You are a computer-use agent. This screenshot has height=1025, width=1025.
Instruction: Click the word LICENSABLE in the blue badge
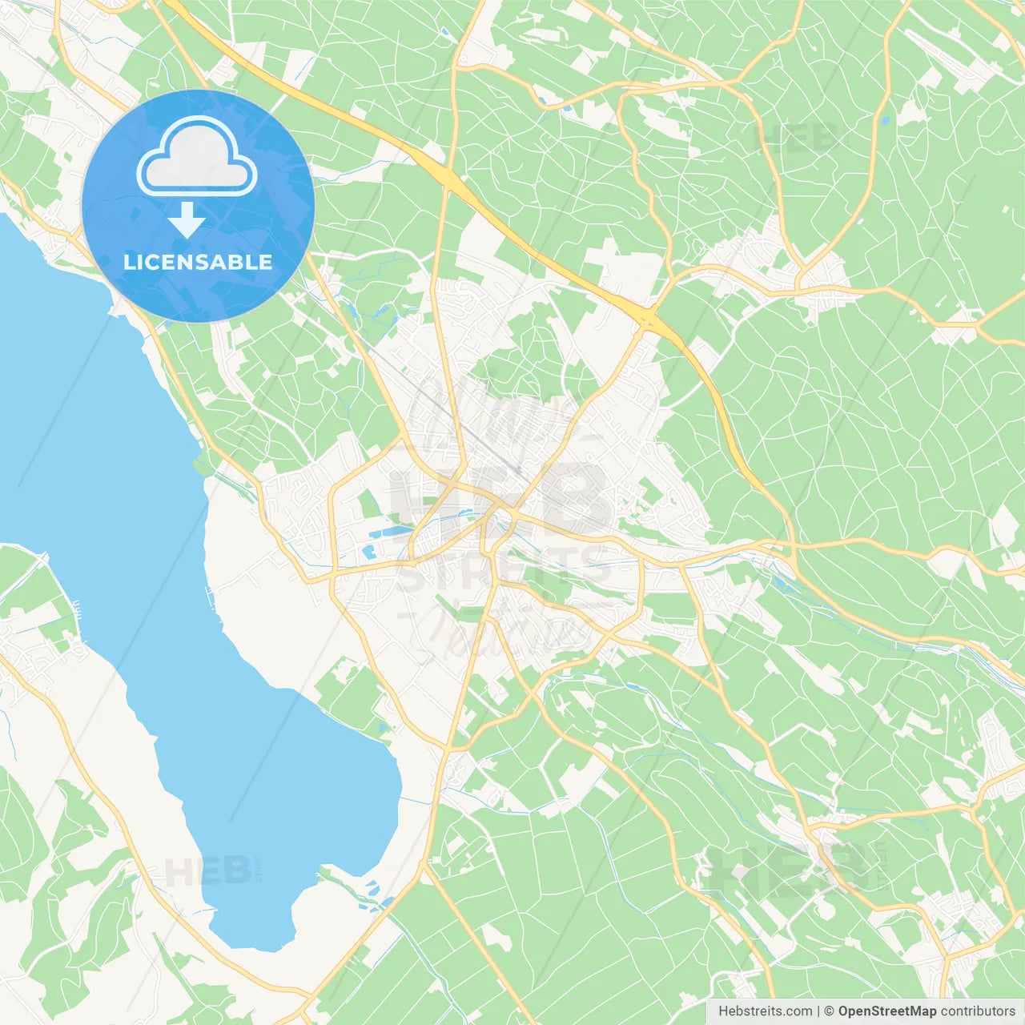click(198, 262)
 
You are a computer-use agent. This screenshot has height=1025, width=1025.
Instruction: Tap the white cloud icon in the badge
click(197, 159)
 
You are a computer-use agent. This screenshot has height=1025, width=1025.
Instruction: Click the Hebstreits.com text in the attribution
click(765, 1011)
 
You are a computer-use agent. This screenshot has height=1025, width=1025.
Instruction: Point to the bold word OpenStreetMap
click(887, 1011)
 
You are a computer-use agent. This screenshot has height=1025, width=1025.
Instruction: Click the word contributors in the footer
click(978, 1011)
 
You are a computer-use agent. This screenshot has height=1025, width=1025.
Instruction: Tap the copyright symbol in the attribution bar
click(829, 1011)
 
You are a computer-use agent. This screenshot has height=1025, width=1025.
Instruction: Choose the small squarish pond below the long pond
click(369, 552)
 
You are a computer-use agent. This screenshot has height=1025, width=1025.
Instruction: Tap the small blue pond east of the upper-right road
click(885, 121)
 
